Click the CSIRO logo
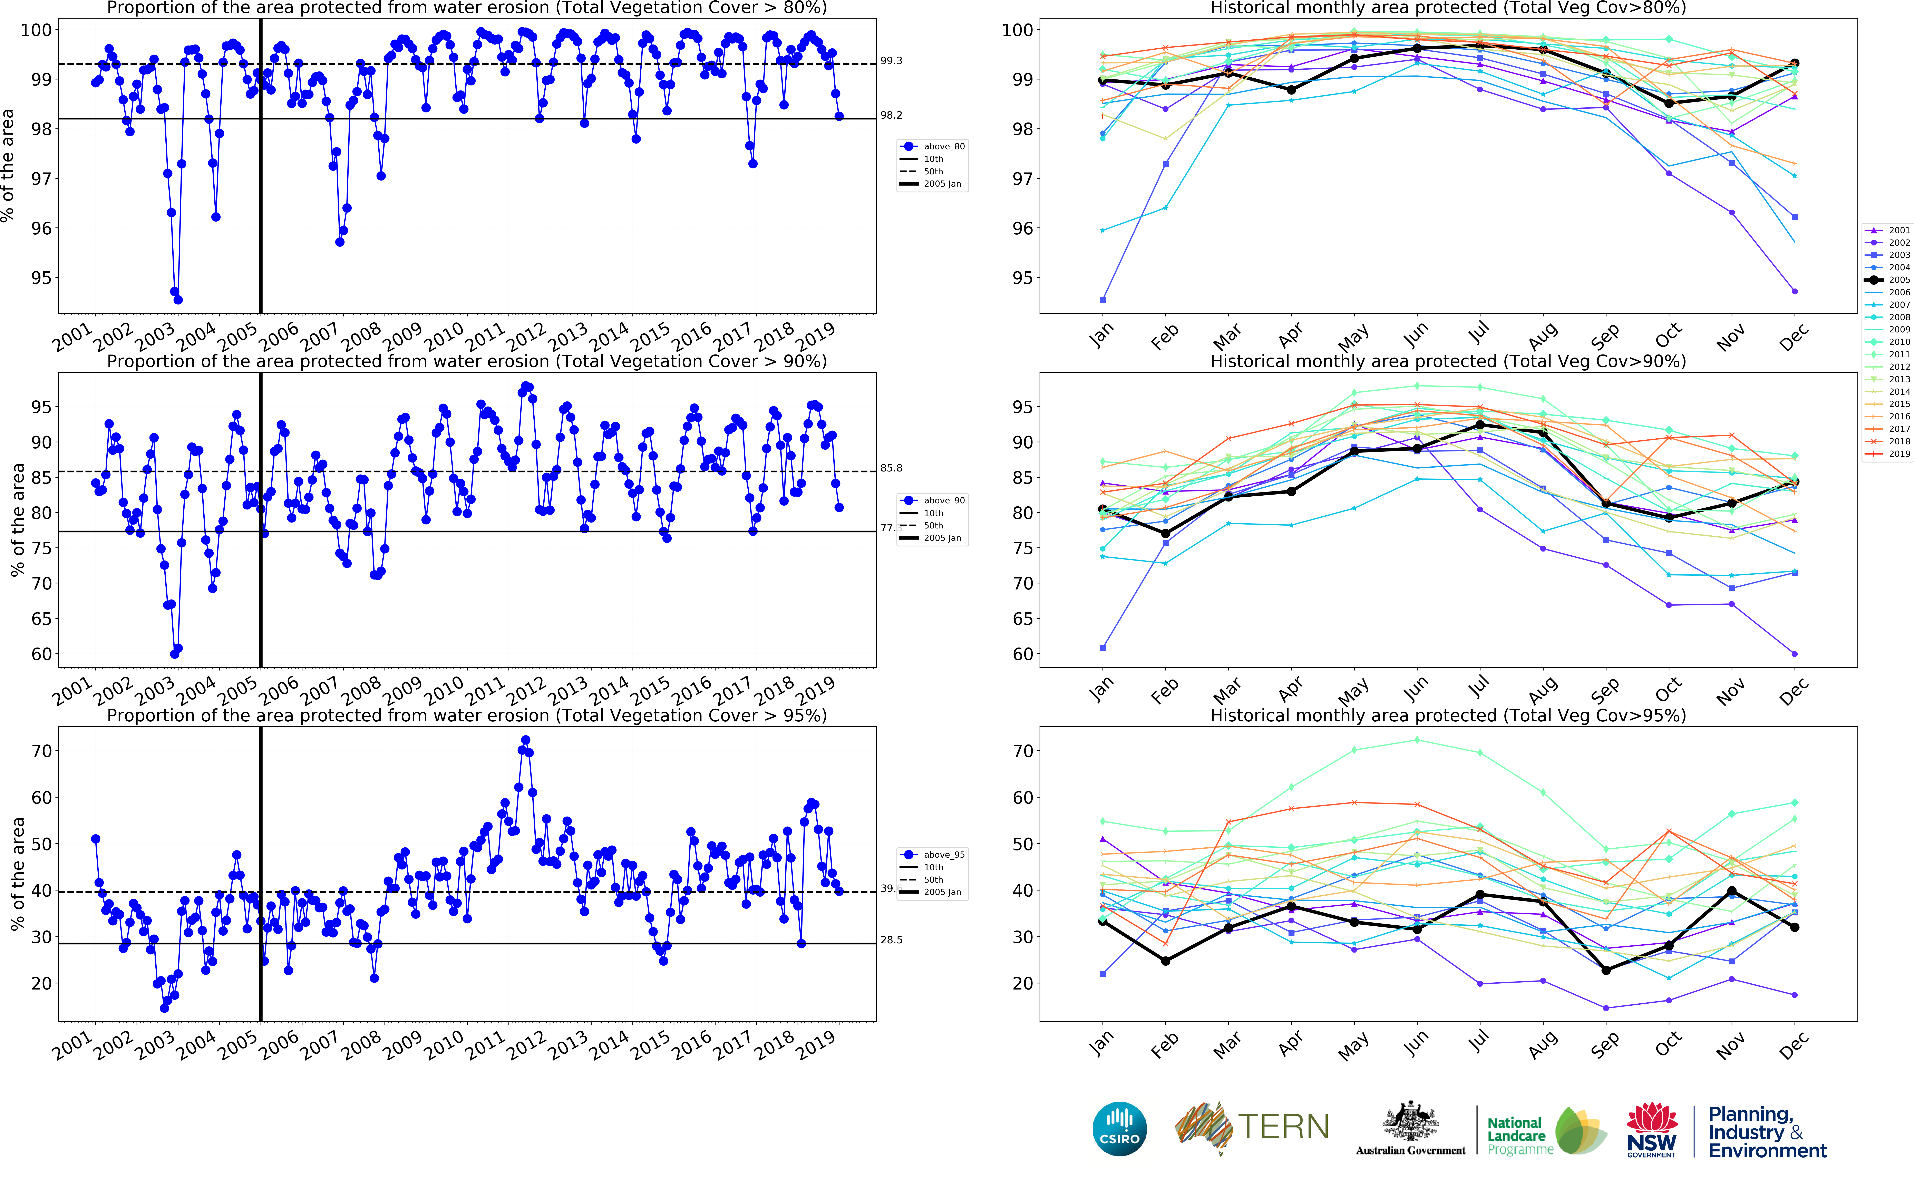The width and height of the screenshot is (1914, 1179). click(1120, 1129)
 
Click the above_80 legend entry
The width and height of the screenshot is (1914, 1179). click(943, 147)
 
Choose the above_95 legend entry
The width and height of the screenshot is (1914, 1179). click(943, 855)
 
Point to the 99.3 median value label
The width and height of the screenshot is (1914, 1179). click(891, 61)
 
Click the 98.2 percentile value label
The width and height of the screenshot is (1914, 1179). click(891, 115)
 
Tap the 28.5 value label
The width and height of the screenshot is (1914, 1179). click(891, 940)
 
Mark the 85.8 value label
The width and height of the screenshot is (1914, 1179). click(891, 468)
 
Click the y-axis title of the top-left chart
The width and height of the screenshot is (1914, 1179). click(8, 165)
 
